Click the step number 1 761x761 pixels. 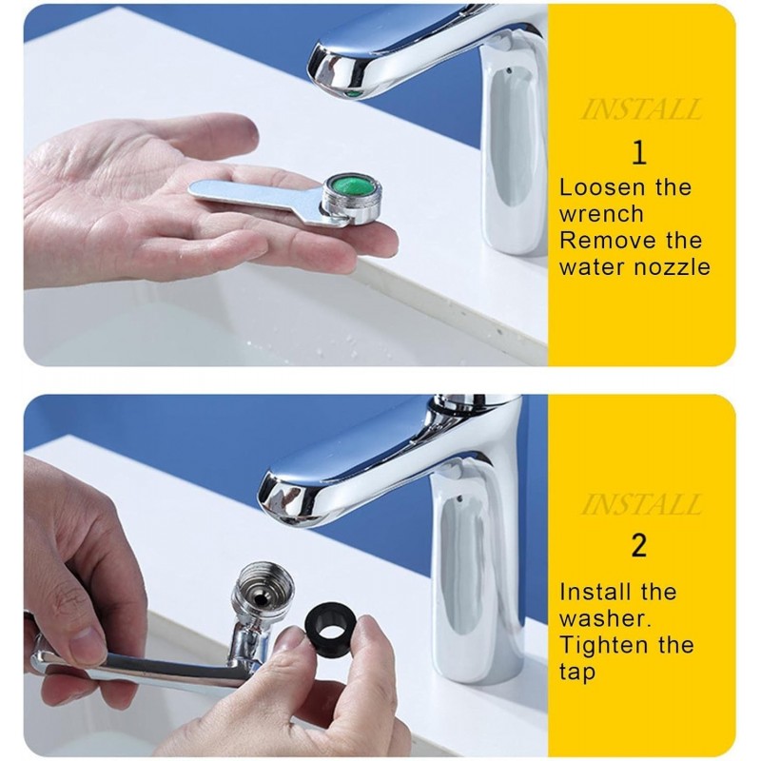639,152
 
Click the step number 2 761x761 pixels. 639,545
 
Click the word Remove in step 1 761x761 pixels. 606,241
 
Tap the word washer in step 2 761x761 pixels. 605,619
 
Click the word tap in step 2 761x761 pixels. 577,673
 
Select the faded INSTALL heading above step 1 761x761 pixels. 640,109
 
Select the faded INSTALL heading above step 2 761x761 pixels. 640,504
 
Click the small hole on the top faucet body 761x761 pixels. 508,69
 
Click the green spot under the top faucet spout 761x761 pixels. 356,93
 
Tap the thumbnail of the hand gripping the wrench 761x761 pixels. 88,640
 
